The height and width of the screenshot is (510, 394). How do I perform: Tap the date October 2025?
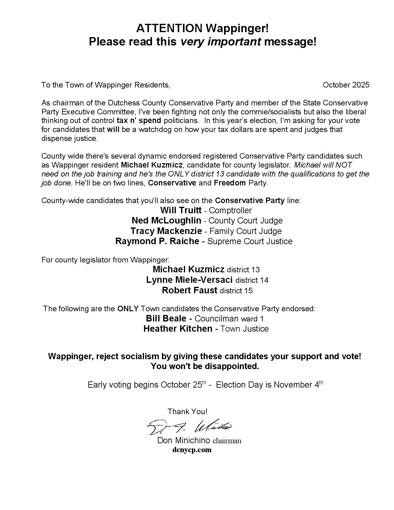[x=346, y=85]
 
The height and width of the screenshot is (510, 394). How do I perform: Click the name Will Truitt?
[x=181, y=210]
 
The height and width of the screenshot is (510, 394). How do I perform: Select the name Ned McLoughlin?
[x=166, y=221]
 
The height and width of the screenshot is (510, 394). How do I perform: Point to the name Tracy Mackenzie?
[x=166, y=231]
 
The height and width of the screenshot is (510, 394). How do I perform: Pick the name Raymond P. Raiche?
[x=157, y=241]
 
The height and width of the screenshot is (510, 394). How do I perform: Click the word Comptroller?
[x=230, y=211]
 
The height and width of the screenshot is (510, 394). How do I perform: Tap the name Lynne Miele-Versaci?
[x=189, y=280]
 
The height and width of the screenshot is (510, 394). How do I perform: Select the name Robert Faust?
[x=189, y=291]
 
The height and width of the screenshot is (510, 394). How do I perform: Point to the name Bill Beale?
[x=166, y=319]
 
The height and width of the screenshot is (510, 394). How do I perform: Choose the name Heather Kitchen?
[x=178, y=329]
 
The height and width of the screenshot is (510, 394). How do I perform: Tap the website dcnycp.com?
[x=192, y=450]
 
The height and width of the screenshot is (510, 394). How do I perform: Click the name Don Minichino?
[x=184, y=440]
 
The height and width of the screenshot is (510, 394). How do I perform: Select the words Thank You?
[x=187, y=412]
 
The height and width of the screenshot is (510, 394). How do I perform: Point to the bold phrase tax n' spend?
[x=139, y=121]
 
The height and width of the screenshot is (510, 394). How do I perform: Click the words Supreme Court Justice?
[x=250, y=241]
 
